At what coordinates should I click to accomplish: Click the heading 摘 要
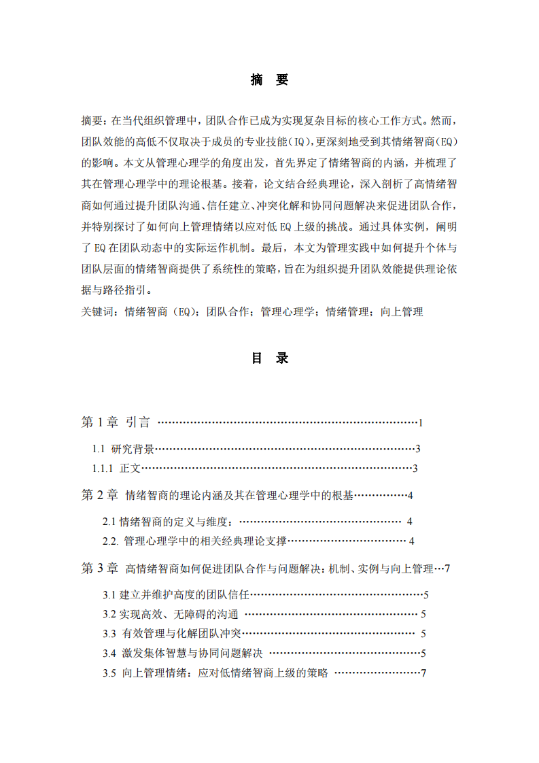269,80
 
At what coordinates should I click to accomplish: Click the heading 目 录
269,358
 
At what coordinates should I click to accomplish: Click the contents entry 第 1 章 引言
116,422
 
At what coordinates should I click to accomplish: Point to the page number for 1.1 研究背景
418,449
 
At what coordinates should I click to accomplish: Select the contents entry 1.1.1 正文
117,468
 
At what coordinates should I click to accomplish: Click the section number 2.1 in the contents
109,522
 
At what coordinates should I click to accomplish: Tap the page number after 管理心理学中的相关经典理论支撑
412,541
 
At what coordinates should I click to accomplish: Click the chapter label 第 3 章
100,569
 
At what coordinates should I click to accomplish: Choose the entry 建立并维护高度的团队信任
185,595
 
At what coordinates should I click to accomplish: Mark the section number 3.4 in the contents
109,654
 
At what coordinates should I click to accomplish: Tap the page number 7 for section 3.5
423,673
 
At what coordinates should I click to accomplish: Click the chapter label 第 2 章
100,495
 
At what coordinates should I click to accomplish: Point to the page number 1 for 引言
421,423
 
